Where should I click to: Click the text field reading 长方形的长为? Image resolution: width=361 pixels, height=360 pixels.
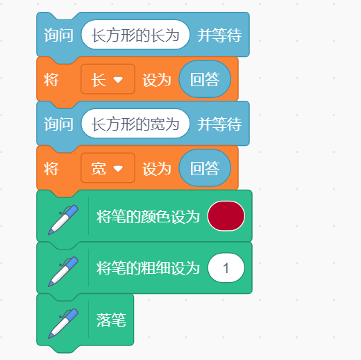point(135,35)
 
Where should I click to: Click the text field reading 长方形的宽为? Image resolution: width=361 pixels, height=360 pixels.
point(135,124)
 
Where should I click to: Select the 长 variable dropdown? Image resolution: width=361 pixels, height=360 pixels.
point(108,79)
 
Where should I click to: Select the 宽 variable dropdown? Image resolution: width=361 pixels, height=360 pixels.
point(108,168)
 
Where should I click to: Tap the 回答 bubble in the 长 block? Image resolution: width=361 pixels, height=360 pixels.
point(205,79)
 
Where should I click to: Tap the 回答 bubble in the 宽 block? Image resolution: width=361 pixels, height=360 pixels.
point(205,167)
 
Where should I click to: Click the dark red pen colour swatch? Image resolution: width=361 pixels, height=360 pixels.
point(226,216)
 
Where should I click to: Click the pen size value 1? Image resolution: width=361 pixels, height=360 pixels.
point(226,268)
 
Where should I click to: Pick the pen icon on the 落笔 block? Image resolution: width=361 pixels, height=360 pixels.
point(63,323)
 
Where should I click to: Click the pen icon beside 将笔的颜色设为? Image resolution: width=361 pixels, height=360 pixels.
point(63,220)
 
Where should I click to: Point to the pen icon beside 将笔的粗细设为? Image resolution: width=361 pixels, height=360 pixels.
point(63,272)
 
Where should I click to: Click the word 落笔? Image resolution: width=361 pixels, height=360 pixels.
point(111,320)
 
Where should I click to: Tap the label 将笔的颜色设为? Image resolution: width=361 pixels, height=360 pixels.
point(148,216)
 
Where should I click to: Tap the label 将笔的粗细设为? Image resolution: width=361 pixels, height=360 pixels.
point(148,268)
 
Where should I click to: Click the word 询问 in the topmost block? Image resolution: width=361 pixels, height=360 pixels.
point(59,35)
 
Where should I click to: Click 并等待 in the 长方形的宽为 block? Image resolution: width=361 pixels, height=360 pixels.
point(219,124)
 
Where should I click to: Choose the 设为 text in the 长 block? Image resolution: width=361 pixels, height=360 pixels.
point(157,80)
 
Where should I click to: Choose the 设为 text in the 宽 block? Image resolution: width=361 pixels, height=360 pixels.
point(157,168)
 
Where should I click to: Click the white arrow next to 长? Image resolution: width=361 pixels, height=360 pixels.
point(118,80)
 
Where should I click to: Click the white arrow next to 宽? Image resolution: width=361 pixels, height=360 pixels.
point(118,168)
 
